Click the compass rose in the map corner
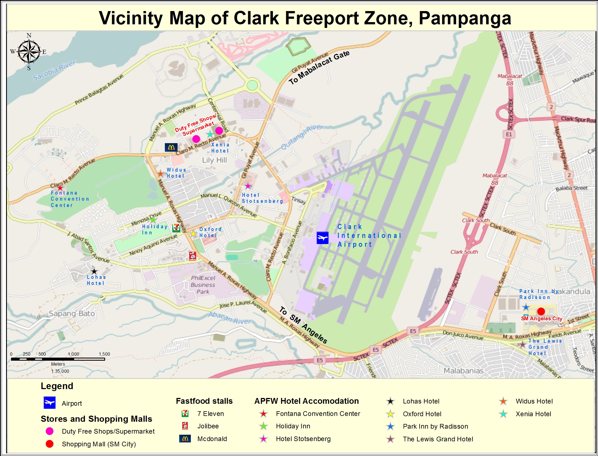tap(29, 52)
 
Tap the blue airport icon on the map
tap(323, 238)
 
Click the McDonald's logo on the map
tap(171, 147)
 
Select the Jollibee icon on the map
tap(193, 256)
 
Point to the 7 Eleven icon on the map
tap(176, 228)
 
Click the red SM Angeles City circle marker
tap(541, 311)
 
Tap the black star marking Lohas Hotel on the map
tap(94, 271)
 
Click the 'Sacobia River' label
tap(54, 70)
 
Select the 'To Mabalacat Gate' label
tap(319, 68)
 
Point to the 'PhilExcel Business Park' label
tap(203, 285)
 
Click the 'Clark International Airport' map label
tap(369, 235)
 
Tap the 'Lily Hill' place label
tap(214, 160)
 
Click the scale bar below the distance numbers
tap(58, 359)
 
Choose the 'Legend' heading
tap(57, 386)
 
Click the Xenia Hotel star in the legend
tap(503, 414)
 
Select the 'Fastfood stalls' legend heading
tap(204, 401)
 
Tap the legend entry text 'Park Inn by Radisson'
tap(435, 426)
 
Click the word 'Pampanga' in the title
tap(465, 18)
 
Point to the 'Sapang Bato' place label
tap(72, 313)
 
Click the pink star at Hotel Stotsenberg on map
tap(248, 186)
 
